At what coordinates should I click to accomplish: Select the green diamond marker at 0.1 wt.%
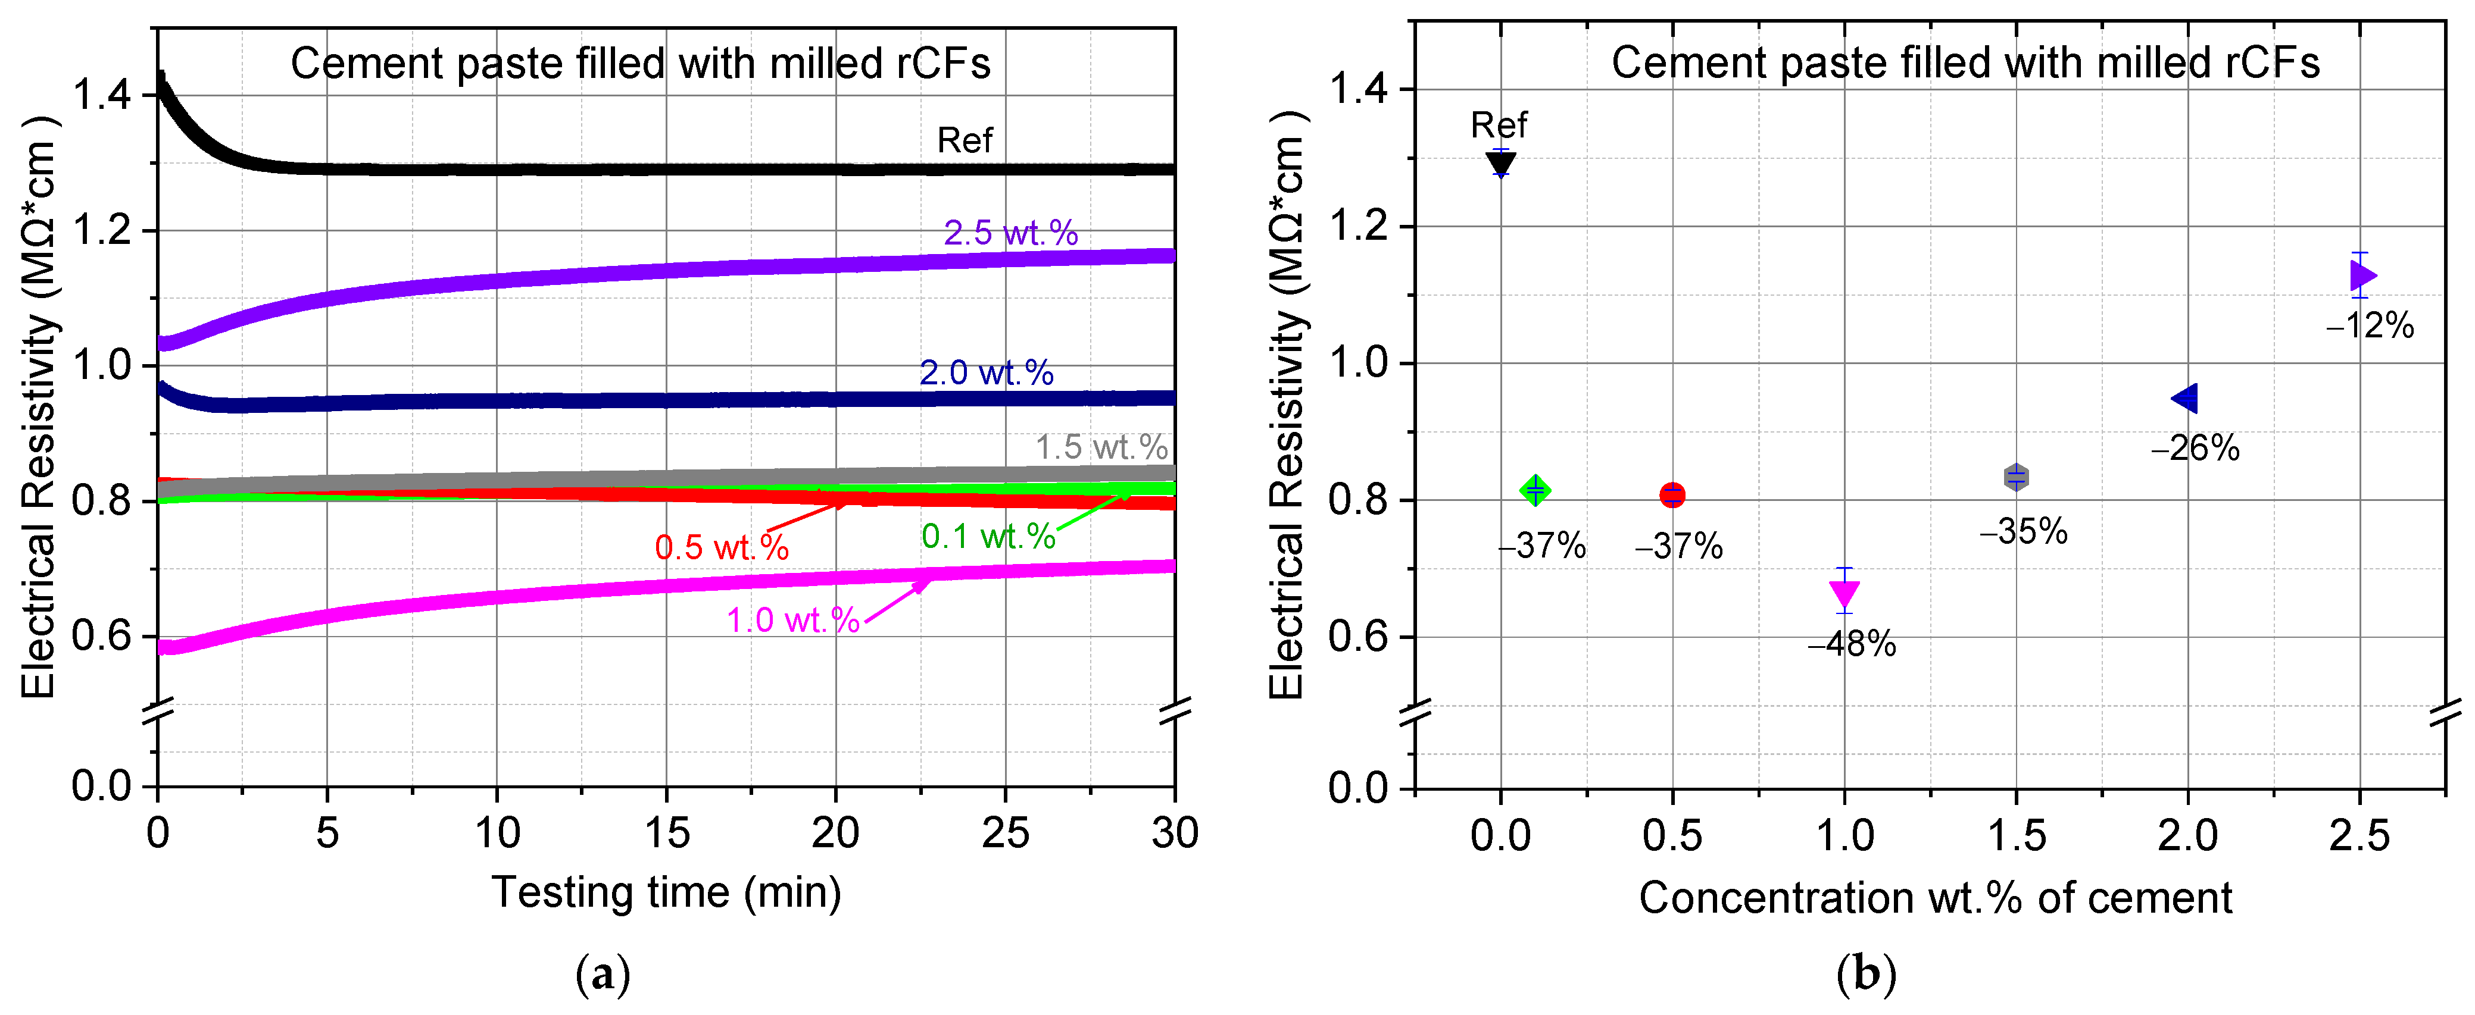pyautogui.click(x=1535, y=491)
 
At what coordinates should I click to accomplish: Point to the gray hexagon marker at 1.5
pyautogui.click(x=2016, y=477)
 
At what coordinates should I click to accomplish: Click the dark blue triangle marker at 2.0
pyautogui.click(x=2186, y=397)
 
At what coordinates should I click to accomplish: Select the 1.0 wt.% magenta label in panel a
pyautogui.click(x=792, y=621)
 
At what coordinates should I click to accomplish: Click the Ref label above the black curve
pyautogui.click(x=964, y=140)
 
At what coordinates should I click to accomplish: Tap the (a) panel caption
pyautogui.click(x=603, y=976)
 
